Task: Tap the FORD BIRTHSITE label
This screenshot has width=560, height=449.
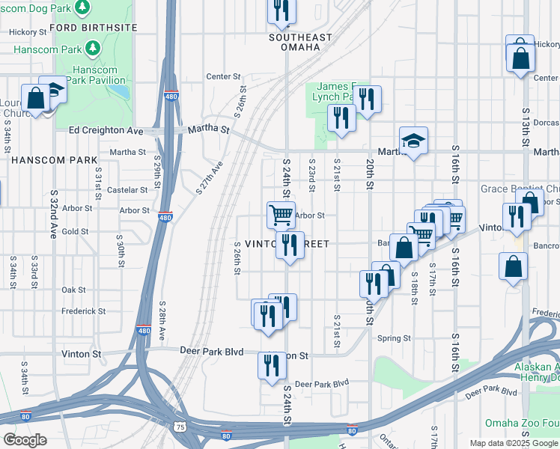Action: coord(94,27)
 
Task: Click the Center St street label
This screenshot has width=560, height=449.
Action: coord(224,76)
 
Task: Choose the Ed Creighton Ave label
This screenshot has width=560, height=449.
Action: coord(106,130)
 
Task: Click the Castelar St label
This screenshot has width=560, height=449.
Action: coord(127,190)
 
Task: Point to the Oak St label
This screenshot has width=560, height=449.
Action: coord(73,290)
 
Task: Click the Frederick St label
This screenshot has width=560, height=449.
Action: coord(83,311)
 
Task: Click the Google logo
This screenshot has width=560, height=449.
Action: coord(25,440)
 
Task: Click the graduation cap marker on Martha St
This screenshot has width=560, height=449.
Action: coord(413,141)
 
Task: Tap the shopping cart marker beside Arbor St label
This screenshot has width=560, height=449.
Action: coord(281,214)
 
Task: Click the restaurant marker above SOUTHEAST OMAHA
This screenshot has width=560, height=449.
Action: coord(281,10)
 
